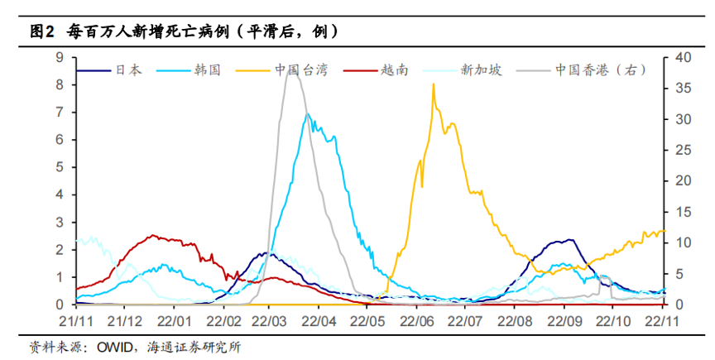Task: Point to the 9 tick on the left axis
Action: (60, 57)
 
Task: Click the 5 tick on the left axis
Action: (60, 167)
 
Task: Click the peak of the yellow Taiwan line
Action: (434, 84)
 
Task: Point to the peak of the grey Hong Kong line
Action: (291, 72)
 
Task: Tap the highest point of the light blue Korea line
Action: (307, 114)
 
